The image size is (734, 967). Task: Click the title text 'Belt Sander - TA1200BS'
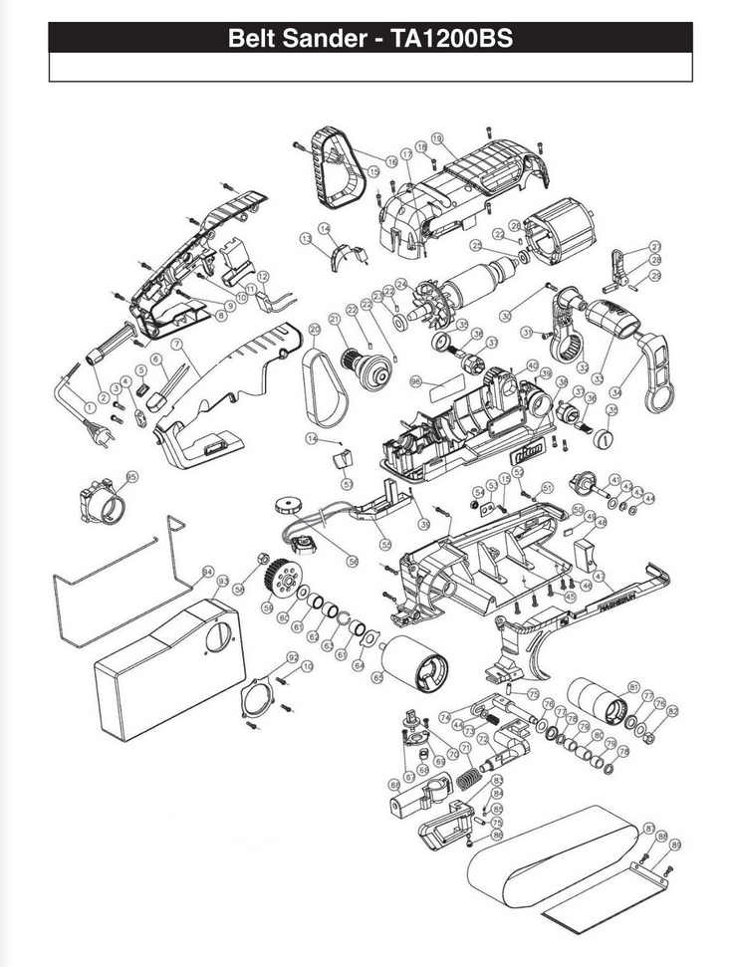[370, 38]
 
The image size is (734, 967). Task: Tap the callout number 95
[132, 477]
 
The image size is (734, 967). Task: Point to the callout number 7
[175, 344]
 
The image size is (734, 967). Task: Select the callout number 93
[223, 580]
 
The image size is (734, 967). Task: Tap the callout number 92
[293, 657]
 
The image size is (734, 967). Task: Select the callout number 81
[633, 687]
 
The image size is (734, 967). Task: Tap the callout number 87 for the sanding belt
[649, 829]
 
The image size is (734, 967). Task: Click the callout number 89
[675, 845]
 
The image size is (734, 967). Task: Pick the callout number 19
[436, 137]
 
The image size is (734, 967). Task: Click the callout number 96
[416, 381]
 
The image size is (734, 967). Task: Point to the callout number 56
[353, 561]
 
